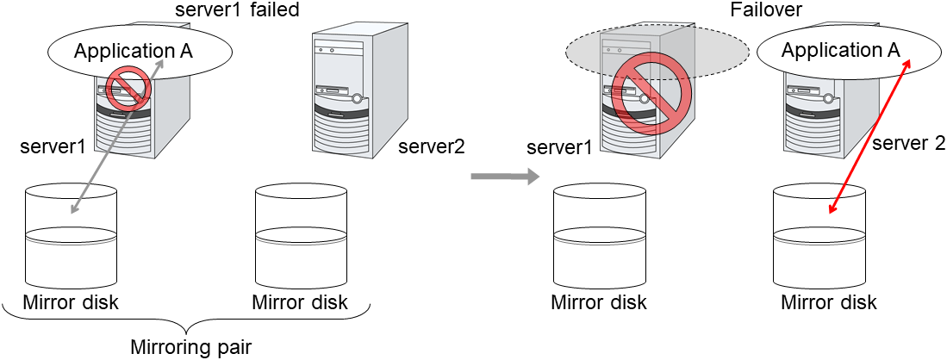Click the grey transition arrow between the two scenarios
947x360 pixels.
(x=504, y=177)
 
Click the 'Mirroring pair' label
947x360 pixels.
(x=190, y=348)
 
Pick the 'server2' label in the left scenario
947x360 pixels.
(x=431, y=147)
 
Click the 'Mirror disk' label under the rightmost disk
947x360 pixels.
(x=828, y=302)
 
